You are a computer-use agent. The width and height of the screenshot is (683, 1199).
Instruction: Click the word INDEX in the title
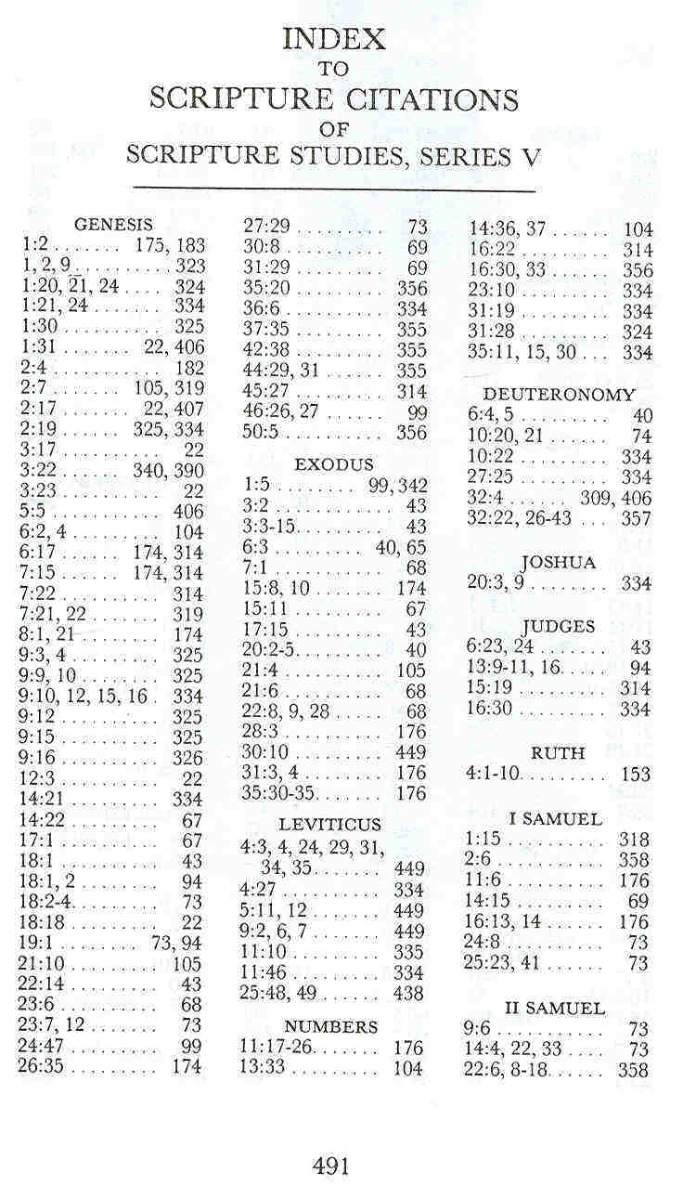[333, 38]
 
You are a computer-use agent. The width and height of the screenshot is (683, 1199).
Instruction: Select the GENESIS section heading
[113, 224]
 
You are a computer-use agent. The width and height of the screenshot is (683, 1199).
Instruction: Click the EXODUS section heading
[334, 463]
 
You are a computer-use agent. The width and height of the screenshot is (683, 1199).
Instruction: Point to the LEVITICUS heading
[329, 825]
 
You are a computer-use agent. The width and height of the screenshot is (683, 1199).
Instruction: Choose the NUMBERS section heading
[331, 1026]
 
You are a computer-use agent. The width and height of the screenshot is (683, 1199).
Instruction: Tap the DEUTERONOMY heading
[560, 395]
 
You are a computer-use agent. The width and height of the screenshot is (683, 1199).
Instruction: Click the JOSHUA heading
[558, 563]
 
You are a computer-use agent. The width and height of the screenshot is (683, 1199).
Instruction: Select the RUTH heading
[558, 752]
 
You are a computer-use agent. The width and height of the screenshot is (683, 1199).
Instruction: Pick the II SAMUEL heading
[555, 1008]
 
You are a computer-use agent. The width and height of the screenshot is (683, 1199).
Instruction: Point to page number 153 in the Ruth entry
[635, 774]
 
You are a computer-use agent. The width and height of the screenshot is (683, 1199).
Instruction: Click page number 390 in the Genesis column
[187, 471]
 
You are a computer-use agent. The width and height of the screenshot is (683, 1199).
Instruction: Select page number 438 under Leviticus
[408, 993]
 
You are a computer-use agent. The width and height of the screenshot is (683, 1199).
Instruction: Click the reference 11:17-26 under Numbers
[279, 1049]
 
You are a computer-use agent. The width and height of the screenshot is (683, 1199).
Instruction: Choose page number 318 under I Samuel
[635, 839]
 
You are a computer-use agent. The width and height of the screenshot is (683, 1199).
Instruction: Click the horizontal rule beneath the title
[334, 189]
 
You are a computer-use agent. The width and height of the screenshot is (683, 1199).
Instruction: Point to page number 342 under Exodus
[412, 485]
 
